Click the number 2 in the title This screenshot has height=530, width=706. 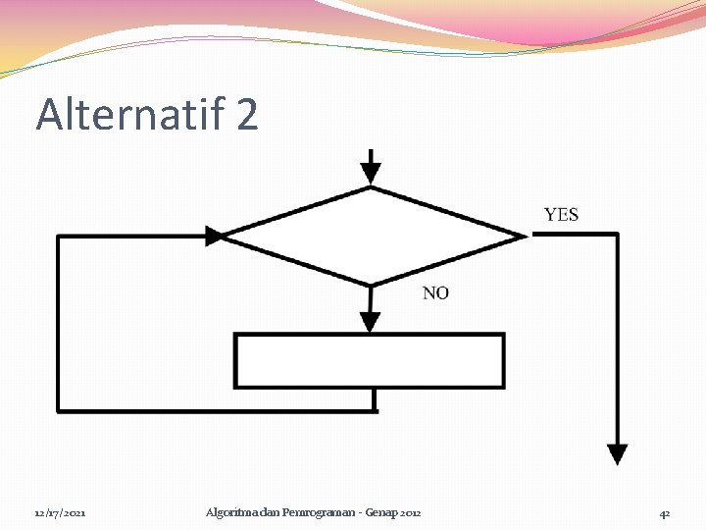click(247, 114)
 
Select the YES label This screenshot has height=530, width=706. click(561, 214)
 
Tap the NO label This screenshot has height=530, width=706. click(435, 292)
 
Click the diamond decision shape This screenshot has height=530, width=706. click(371, 236)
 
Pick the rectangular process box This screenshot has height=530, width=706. click(369, 360)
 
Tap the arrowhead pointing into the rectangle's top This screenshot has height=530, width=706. click(370, 322)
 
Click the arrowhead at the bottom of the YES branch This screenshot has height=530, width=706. click(617, 453)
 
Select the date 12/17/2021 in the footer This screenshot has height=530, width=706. click(60, 513)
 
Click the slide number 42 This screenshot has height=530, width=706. click(665, 513)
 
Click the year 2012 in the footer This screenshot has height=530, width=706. click(411, 513)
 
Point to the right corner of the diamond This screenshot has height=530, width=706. click(525, 236)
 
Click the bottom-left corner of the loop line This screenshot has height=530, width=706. click(59, 410)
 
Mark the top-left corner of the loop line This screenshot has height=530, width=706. click(59, 236)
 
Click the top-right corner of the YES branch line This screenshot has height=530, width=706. click(617, 235)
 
